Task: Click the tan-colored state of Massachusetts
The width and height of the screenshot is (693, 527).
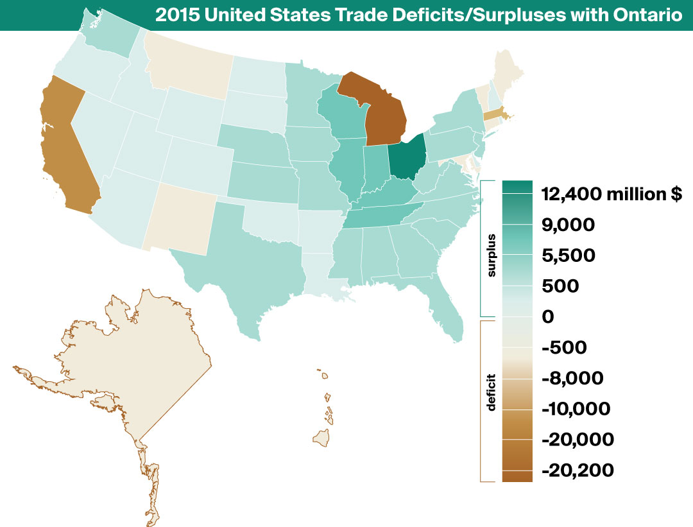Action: point(493,115)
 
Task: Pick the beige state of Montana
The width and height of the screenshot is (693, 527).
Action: point(186,64)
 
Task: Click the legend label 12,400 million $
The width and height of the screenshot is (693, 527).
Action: point(612,194)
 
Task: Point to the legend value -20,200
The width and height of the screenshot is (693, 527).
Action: point(577,471)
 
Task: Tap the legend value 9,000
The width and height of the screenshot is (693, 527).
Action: point(568,225)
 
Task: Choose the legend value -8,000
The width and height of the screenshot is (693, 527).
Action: point(572,378)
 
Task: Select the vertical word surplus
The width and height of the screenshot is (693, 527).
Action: point(492,255)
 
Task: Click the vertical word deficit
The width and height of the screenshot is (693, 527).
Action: point(492,392)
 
